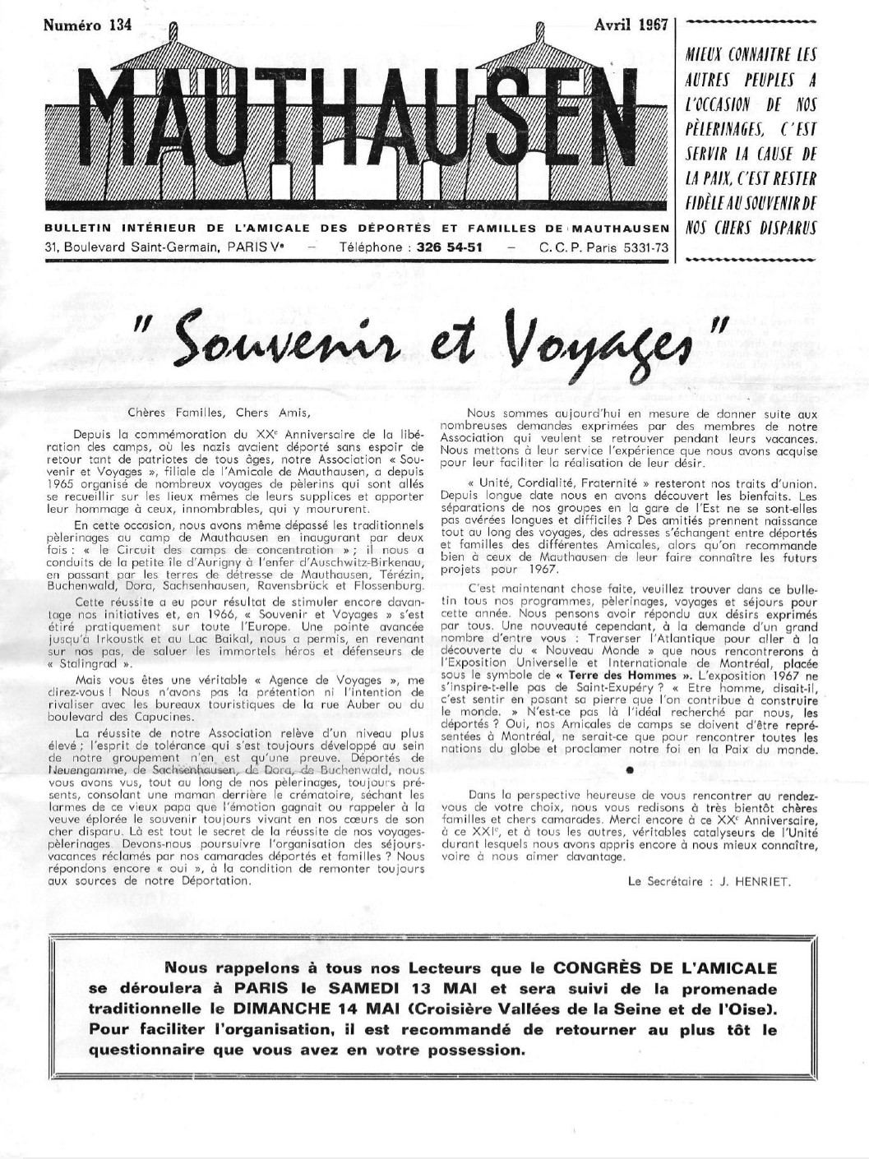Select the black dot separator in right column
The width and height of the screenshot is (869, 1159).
(x=629, y=770)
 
